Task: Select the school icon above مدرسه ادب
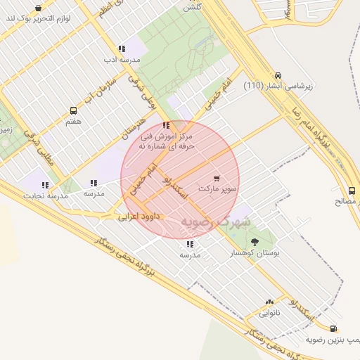point(122,49)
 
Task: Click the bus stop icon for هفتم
point(73,111)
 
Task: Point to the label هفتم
point(73,122)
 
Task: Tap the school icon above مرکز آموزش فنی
point(165,125)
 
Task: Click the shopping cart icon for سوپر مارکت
point(217,179)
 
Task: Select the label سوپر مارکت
point(219,189)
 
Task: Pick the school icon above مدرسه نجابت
point(46,185)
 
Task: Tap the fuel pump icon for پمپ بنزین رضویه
point(333,328)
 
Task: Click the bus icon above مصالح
point(352,190)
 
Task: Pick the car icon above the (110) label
point(278,75)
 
